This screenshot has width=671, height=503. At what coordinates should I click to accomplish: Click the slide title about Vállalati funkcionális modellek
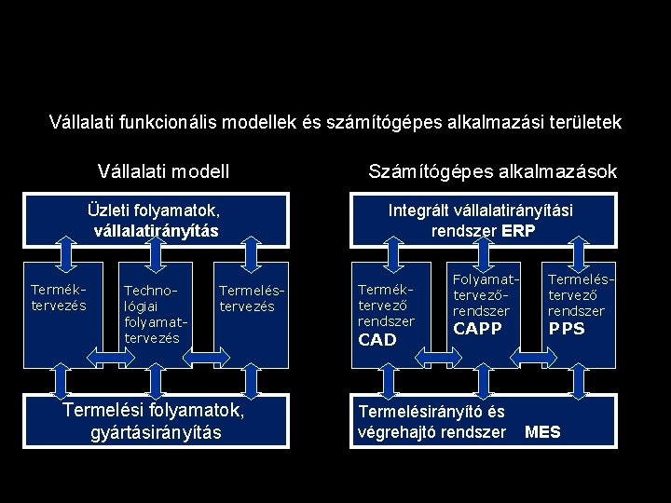[335, 122]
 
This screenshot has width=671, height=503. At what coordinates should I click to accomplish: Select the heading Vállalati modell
[164, 171]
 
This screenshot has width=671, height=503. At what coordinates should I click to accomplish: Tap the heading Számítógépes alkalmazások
[492, 171]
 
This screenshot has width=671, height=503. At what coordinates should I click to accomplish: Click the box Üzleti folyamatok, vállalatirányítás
[153, 220]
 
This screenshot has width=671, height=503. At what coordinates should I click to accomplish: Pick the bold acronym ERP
[518, 230]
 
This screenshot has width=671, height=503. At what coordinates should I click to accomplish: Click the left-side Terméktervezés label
[59, 297]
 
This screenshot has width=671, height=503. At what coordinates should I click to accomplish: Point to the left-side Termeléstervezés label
[246, 297]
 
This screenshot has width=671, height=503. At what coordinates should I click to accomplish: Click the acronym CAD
[377, 340]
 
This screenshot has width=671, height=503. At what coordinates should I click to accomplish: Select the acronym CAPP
[477, 328]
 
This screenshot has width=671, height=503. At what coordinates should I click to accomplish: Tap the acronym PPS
[567, 328]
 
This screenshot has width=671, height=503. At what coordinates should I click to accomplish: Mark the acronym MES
[542, 431]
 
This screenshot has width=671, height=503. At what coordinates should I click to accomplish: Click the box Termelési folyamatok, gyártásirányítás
[154, 422]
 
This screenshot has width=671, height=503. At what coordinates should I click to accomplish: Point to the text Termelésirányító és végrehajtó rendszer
[431, 422]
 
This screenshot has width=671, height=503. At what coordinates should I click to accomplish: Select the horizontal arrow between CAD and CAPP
[432, 355]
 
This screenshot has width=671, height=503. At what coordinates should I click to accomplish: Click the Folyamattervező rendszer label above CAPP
[481, 294]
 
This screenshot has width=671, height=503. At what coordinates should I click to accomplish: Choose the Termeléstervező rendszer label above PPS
[576, 294]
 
